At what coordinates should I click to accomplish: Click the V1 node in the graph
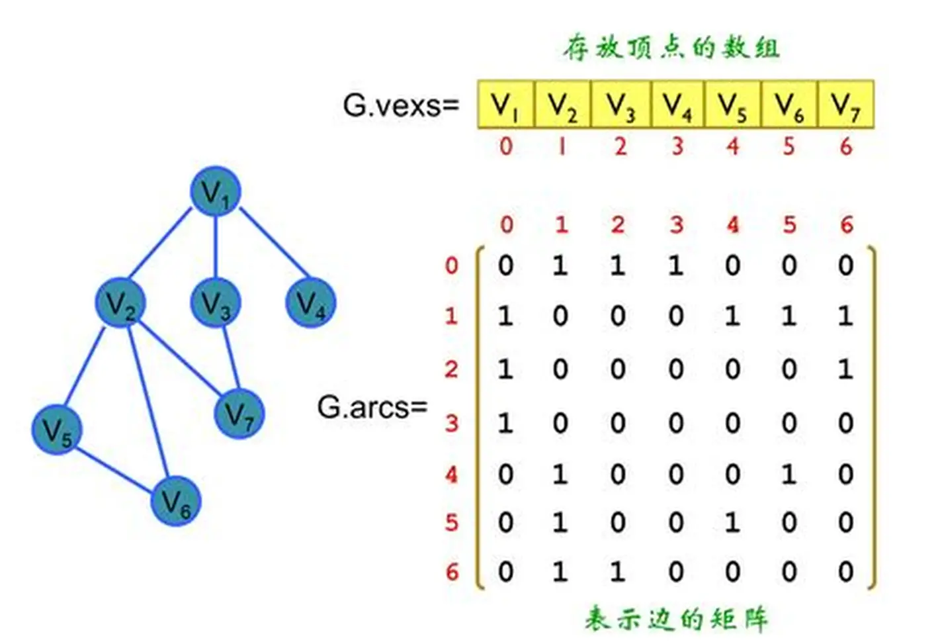[215, 192]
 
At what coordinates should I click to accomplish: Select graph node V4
[310, 303]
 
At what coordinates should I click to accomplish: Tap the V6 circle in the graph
[175, 501]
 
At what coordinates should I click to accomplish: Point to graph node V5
[57, 430]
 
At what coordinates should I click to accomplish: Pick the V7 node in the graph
[239, 414]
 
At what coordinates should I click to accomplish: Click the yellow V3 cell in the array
[620, 105]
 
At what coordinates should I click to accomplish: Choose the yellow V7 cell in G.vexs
[846, 105]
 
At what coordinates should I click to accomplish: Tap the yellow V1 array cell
[505, 105]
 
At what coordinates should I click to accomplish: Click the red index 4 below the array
[733, 146]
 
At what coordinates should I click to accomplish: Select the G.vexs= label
[401, 105]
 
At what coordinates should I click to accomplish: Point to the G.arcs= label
[372, 407]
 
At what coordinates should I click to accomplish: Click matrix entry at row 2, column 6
[845, 369]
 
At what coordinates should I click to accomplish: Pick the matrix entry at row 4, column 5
[789, 474]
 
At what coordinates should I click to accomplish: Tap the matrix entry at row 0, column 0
[505, 265]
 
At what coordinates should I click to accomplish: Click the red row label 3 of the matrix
[451, 422]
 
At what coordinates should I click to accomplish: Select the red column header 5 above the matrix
[789, 225]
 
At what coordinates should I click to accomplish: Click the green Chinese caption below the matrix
[676, 619]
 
